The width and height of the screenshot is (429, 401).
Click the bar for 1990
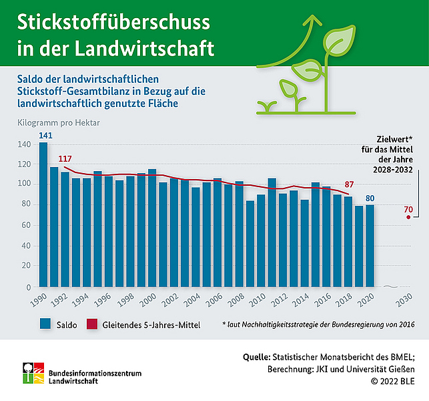(x=43, y=214)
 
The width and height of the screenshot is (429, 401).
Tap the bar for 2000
(x=152, y=227)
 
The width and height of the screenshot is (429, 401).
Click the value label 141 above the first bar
(x=45, y=136)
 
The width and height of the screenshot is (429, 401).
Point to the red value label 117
(x=65, y=158)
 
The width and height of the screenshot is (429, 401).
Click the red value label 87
(x=348, y=184)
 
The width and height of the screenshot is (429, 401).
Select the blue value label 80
(x=370, y=197)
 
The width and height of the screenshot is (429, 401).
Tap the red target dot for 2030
(x=408, y=217)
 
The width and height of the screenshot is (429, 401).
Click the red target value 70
(x=408, y=209)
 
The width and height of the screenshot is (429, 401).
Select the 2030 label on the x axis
(x=402, y=301)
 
